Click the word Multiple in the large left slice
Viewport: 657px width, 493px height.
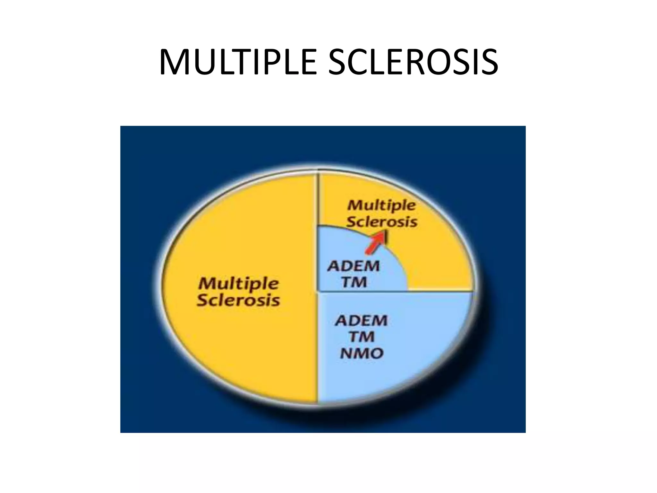[x=238, y=283]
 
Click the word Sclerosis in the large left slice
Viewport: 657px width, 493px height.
[x=238, y=300]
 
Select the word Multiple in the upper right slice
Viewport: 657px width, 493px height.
[x=381, y=205]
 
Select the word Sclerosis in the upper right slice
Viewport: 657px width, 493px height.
[x=382, y=222]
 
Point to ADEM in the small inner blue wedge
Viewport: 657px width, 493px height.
[x=353, y=266]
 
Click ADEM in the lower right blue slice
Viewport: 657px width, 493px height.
[x=361, y=321]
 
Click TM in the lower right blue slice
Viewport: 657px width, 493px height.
[x=362, y=337]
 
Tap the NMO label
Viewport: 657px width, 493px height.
[x=362, y=354]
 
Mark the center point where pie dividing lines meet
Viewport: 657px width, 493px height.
[x=318, y=291]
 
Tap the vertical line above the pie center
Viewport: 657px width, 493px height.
[x=318, y=199]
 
